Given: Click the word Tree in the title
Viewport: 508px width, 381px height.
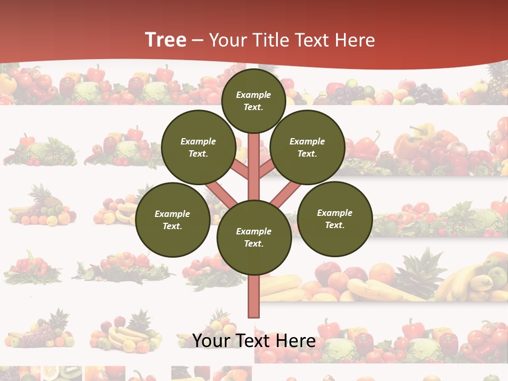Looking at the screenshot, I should [x=166, y=40].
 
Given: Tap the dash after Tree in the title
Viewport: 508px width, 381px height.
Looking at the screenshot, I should [x=197, y=40].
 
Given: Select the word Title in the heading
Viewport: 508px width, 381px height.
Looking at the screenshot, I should [x=271, y=40].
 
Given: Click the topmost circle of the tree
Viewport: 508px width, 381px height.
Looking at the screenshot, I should [x=253, y=101].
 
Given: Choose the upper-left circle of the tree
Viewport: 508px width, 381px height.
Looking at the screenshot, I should [x=198, y=147].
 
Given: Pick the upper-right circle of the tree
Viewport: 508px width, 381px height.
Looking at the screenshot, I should [x=307, y=147].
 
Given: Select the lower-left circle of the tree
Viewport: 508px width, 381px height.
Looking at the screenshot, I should [x=173, y=220].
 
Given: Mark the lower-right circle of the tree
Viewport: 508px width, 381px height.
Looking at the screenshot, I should [x=334, y=219].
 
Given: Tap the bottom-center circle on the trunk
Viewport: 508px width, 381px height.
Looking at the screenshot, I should [x=253, y=237].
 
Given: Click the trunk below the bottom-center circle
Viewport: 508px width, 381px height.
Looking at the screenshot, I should [x=253, y=296].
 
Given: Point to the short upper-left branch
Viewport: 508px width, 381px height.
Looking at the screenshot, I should [x=240, y=170].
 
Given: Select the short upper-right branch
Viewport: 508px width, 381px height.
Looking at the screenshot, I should [x=267, y=169].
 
